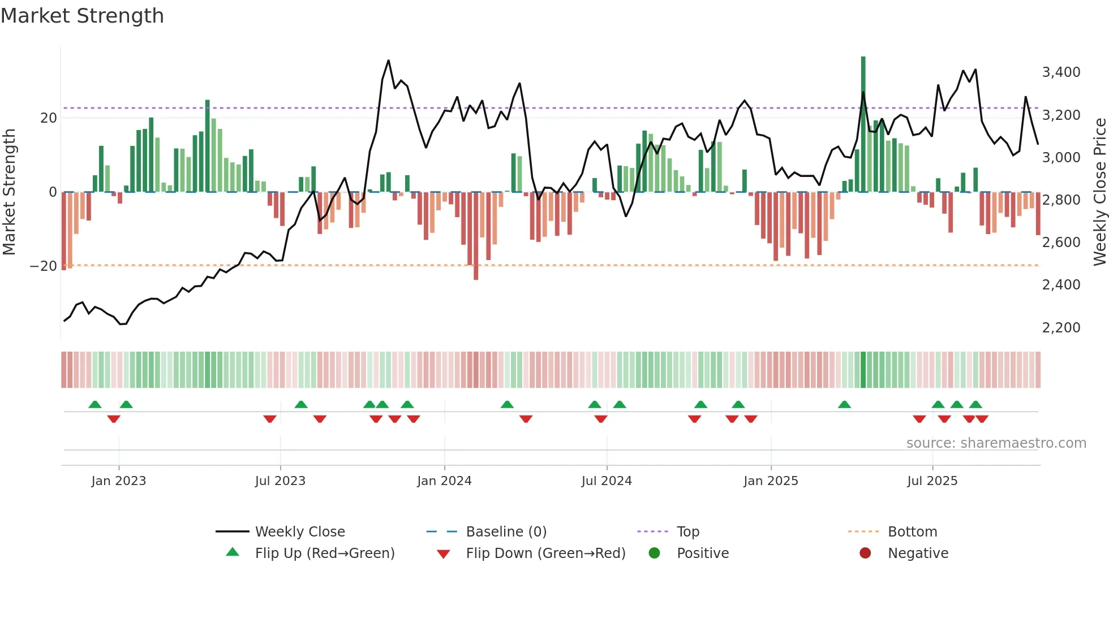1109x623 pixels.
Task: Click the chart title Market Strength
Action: (82, 16)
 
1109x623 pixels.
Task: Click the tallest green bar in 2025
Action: (863, 124)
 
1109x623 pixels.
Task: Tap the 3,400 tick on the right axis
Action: (1061, 72)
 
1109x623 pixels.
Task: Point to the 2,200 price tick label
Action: (1061, 328)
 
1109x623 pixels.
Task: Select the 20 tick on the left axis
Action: (49, 118)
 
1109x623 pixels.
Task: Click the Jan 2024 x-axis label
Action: (444, 481)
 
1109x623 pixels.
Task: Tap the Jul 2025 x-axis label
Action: (932, 481)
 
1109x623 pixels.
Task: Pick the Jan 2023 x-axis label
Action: (119, 481)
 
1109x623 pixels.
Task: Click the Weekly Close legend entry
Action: (299, 532)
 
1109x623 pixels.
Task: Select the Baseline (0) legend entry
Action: (506, 532)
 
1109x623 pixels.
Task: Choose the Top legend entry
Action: (687, 532)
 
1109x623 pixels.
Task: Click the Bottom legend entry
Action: (912, 532)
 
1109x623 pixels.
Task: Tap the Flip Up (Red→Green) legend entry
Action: (324, 553)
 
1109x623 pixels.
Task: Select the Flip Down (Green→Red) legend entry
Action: (545, 553)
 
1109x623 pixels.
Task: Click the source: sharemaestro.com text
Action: (996, 443)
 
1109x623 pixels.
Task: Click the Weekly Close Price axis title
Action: (1099, 192)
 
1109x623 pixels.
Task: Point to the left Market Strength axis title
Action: (9, 192)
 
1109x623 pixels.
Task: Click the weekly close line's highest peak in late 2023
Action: (388, 60)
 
